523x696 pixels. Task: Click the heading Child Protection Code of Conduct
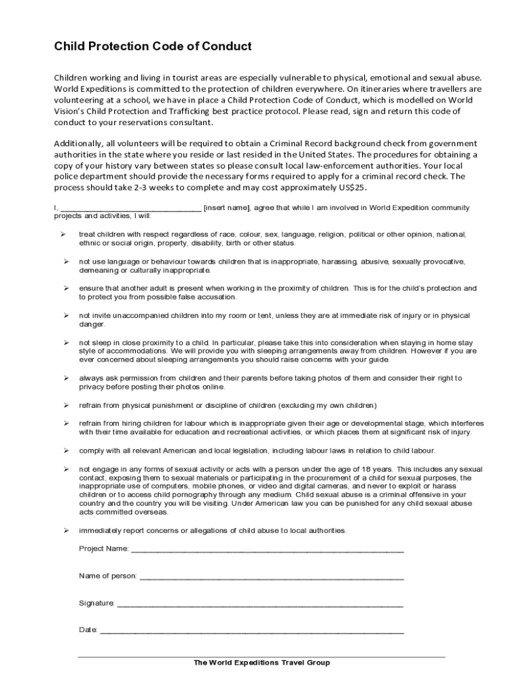pyautogui.click(x=153, y=47)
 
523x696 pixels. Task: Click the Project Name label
pyautogui.click(x=103, y=548)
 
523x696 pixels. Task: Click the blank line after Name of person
pyautogui.click(x=271, y=577)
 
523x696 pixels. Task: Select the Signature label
pyautogui.click(x=96, y=603)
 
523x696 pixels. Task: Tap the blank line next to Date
pyautogui.click(x=252, y=631)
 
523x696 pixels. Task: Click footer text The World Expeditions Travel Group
pyautogui.click(x=261, y=663)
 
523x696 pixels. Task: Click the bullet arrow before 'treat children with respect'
pyautogui.click(x=62, y=234)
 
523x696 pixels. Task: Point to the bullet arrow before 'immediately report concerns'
pyautogui.click(x=67, y=530)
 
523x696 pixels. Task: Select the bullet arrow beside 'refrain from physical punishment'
pyautogui.click(x=67, y=406)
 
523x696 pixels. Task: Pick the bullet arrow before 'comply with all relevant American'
pyautogui.click(x=67, y=451)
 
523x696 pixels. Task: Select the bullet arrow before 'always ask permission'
pyautogui.click(x=67, y=378)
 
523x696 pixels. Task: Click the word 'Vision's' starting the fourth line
pyautogui.click(x=71, y=111)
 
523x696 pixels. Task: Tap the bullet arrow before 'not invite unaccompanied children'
pyautogui.click(x=67, y=315)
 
